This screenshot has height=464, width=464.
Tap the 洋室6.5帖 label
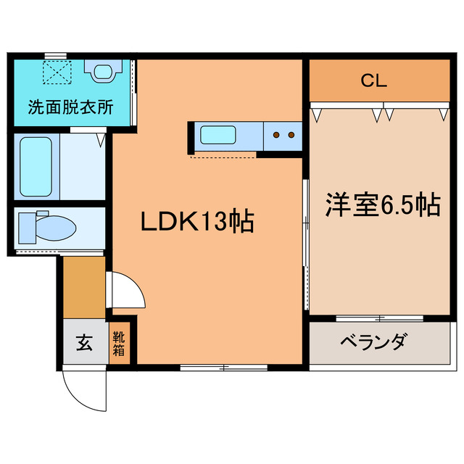(x=383, y=205)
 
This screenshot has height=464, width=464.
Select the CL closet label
(x=374, y=80)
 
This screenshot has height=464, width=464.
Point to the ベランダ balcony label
(x=373, y=341)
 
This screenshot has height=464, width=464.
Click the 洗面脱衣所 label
(x=71, y=108)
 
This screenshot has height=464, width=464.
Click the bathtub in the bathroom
(x=36, y=166)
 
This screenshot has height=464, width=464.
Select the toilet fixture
(x=47, y=227)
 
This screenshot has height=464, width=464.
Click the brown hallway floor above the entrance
(x=84, y=287)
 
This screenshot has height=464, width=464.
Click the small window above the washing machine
(x=55, y=55)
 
